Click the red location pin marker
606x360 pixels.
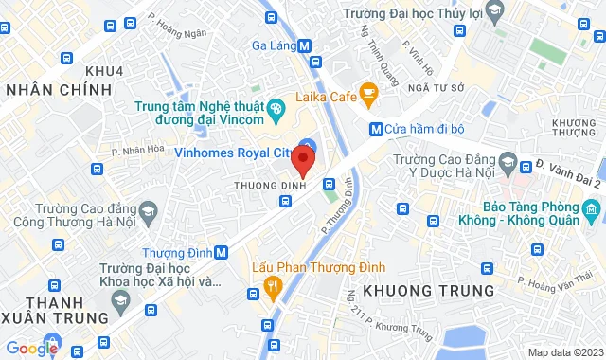pyautogui.click(x=303, y=158)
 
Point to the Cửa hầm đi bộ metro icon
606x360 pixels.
pyautogui.click(x=376, y=129)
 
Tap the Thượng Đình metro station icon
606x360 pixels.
pyautogui.click(x=221, y=253)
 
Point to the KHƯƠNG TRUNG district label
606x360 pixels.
pyautogui.click(x=441, y=289)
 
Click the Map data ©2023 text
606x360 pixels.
pyautogui.click(x=563, y=352)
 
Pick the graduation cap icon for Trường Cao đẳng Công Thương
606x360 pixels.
pyautogui.click(x=148, y=210)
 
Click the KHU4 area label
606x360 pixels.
pyautogui.click(x=104, y=71)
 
